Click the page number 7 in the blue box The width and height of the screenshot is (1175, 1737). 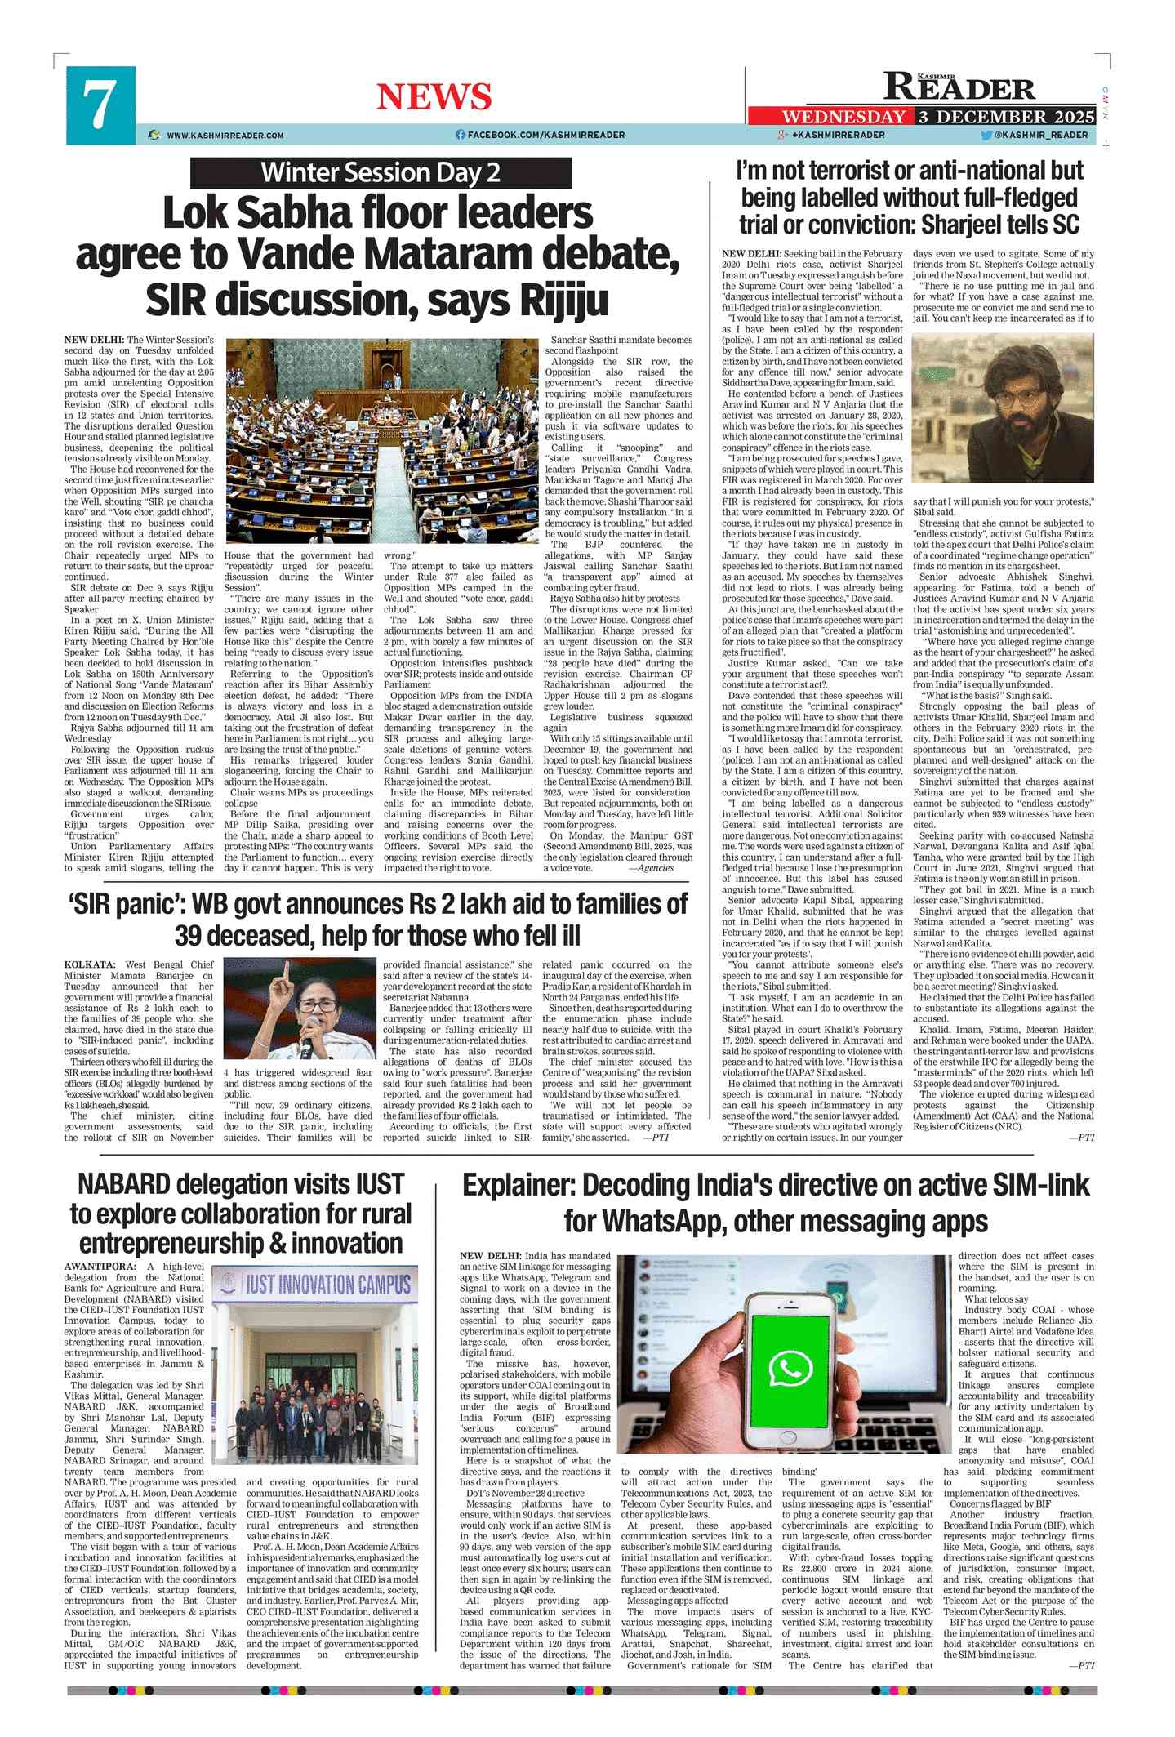coord(100,105)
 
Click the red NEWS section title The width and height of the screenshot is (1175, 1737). coord(434,97)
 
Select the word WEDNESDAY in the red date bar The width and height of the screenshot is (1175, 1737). coord(843,117)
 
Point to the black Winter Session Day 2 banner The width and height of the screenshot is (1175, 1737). coord(381,172)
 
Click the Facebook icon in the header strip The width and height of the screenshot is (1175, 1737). coord(461,135)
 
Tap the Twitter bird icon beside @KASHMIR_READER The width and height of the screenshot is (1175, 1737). coord(986,135)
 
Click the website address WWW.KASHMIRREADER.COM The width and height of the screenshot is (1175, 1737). coord(225,136)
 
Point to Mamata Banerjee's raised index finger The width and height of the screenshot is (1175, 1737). coord(286,969)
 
